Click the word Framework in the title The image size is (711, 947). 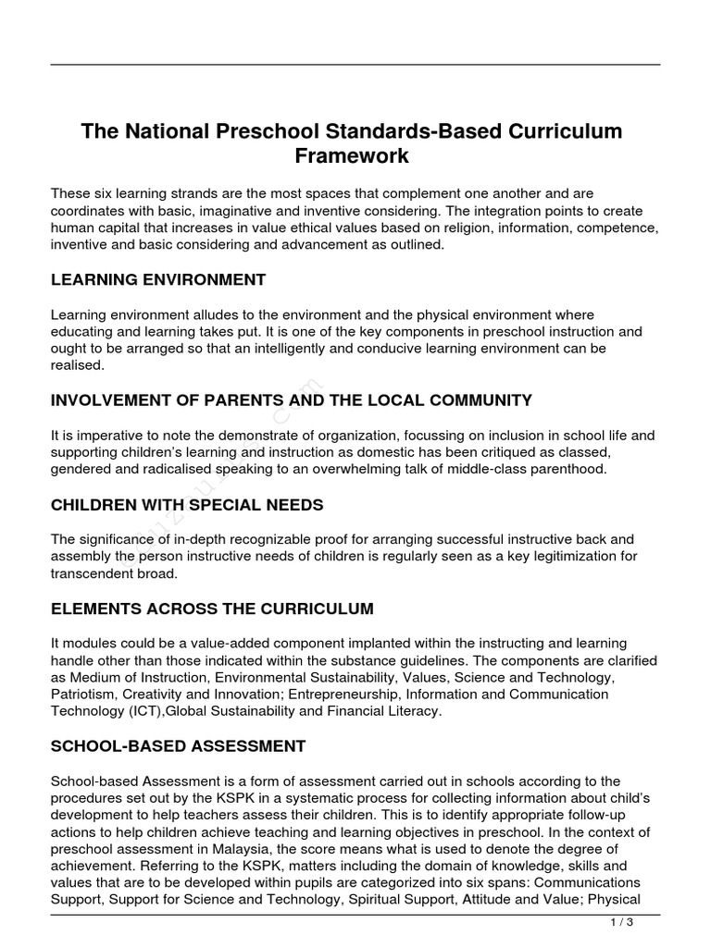tap(352, 156)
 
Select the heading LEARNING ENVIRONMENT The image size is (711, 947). tap(158, 279)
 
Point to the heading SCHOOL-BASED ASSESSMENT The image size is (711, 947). tap(178, 745)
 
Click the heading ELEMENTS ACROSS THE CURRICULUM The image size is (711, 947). tap(212, 609)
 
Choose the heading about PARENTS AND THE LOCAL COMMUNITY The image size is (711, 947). tap(292, 400)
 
